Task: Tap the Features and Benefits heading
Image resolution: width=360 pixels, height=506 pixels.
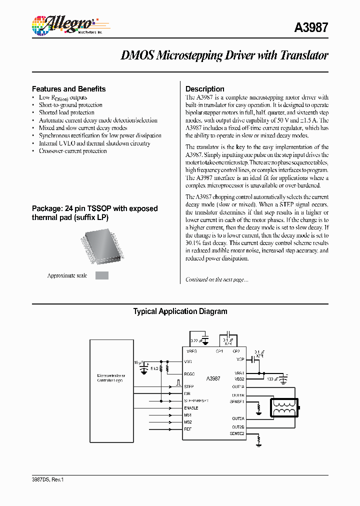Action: click(x=69, y=89)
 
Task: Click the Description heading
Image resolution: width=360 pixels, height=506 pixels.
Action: click(x=205, y=89)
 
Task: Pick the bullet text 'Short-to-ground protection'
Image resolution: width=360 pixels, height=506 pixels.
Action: click(x=71, y=105)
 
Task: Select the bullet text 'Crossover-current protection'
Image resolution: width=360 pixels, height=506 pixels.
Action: click(x=73, y=151)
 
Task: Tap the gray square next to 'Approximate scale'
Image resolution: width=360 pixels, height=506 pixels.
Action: click(x=102, y=275)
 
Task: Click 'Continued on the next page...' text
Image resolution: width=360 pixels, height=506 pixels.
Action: click(x=216, y=279)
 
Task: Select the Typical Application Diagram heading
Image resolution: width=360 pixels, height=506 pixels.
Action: click(x=180, y=311)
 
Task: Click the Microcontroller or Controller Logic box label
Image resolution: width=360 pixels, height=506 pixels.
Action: click(x=111, y=378)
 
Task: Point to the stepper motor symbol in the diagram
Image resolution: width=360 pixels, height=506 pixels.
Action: click(x=284, y=407)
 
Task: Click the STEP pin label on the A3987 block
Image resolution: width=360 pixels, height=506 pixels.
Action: click(x=189, y=386)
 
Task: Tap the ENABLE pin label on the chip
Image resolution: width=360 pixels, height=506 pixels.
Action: click(x=191, y=408)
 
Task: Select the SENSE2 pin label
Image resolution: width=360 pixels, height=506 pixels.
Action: click(x=237, y=433)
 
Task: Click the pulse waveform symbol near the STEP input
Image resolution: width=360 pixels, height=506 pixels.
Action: click(x=177, y=383)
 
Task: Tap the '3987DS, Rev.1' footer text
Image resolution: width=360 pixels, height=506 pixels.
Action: click(x=48, y=479)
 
